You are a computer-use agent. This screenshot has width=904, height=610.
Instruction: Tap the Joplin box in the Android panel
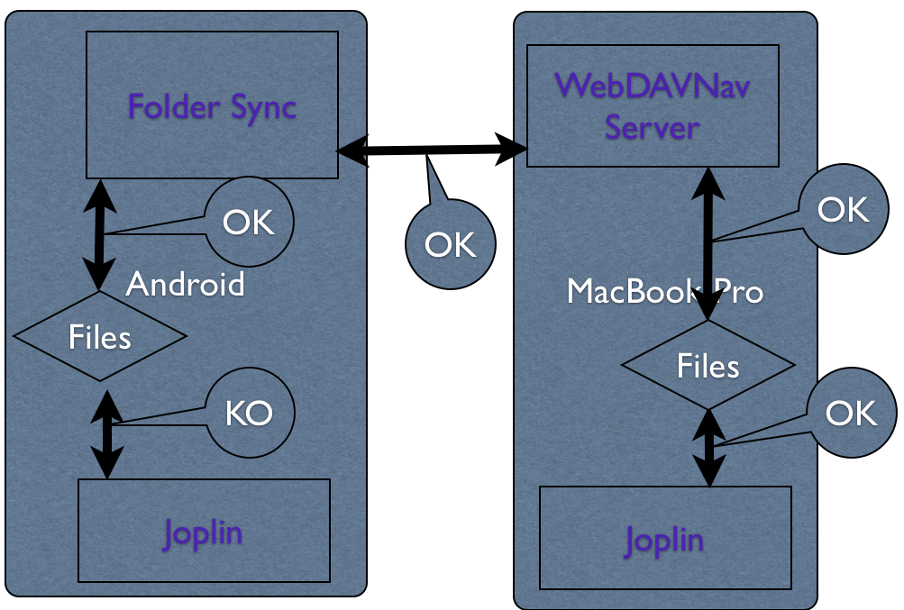coord(204,531)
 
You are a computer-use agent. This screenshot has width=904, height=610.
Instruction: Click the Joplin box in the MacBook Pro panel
coord(664,538)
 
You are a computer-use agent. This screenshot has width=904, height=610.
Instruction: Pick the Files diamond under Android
coord(100,336)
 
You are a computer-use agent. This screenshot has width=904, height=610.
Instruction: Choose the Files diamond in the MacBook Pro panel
coord(708,366)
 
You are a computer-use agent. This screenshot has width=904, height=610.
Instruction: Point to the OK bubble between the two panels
coord(450,244)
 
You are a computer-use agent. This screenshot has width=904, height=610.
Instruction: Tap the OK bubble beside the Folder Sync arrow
coord(249,222)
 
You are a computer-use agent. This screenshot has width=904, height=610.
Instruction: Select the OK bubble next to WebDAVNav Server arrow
coord(842,210)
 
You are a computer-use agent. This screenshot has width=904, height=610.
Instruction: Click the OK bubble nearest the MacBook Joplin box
coord(850,413)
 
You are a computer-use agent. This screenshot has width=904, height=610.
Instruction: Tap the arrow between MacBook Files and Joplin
coord(710,448)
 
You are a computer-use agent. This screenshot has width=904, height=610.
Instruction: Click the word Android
coord(185,285)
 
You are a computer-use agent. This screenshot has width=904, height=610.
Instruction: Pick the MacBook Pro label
coord(664,291)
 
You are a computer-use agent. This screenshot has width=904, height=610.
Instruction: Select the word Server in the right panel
coord(652,127)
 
